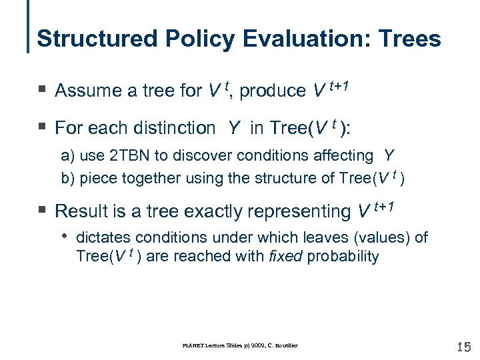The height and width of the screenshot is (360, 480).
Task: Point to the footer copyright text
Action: pyautogui.click(x=240, y=345)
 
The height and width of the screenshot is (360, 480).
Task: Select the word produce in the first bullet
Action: pyautogui.click(x=272, y=91)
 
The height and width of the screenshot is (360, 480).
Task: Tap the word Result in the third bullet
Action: pyautogui.click(x=78, y=211)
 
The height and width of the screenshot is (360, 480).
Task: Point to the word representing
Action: pyautogui.click(x=295, y=211)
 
